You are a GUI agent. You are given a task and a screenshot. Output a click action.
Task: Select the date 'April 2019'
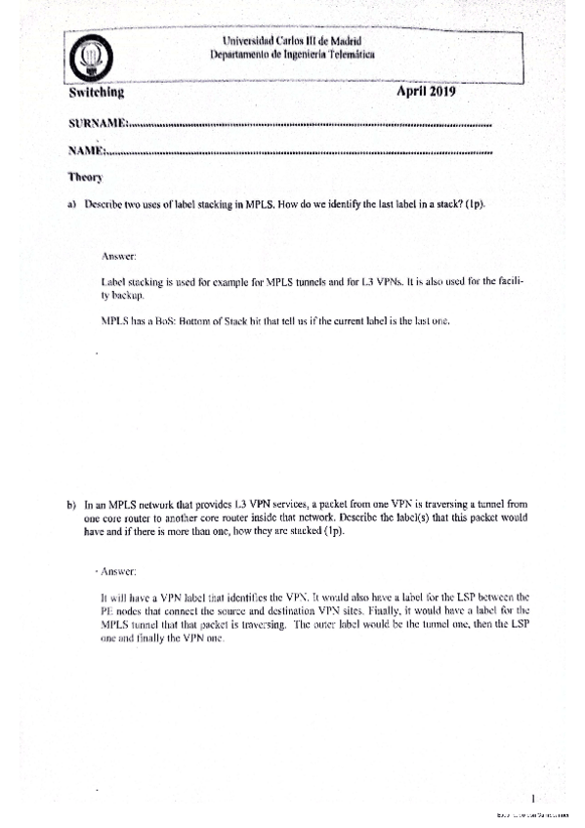point(427,91)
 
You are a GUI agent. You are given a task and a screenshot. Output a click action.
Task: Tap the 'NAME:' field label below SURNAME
point(87,151)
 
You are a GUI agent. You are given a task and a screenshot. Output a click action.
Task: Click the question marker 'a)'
point(71,206)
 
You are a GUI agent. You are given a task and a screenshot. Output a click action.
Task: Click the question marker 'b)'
point(71,506)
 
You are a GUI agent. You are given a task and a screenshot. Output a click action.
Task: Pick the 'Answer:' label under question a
point(117,256)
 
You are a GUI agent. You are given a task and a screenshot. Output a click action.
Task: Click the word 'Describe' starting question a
point(106,206)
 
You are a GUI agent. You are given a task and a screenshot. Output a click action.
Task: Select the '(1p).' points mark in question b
point(338,532)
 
